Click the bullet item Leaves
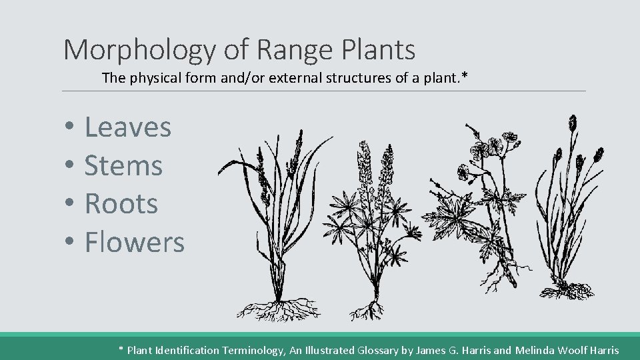point(127,127)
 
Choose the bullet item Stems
point(123,165)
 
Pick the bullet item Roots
point(121,203)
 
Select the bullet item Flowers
point(134,241)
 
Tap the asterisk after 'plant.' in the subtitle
point(465,77)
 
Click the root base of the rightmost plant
point(567,290)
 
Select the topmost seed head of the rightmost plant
point(572,123)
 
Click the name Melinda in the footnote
point(537,350)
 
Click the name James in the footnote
point(431,350)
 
